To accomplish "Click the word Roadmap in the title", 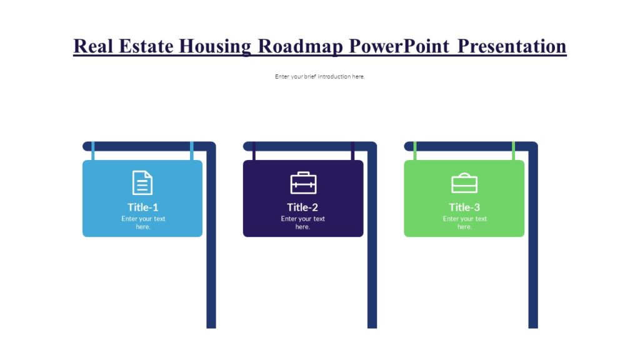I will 300,46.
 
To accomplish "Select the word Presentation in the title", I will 512,46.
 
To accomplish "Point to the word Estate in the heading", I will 144,46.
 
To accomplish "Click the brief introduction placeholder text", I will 319,76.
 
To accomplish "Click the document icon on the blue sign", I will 142,182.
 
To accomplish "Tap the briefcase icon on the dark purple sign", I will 303,182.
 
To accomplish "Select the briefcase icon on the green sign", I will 464,182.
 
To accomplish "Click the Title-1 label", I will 143,207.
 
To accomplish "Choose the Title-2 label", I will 303,207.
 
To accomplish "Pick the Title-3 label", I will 464,207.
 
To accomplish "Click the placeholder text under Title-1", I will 143,222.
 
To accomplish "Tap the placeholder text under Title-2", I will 303,222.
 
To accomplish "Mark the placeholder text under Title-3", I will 464,222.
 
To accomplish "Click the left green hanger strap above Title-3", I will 414,151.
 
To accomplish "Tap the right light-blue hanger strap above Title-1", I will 192,151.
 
